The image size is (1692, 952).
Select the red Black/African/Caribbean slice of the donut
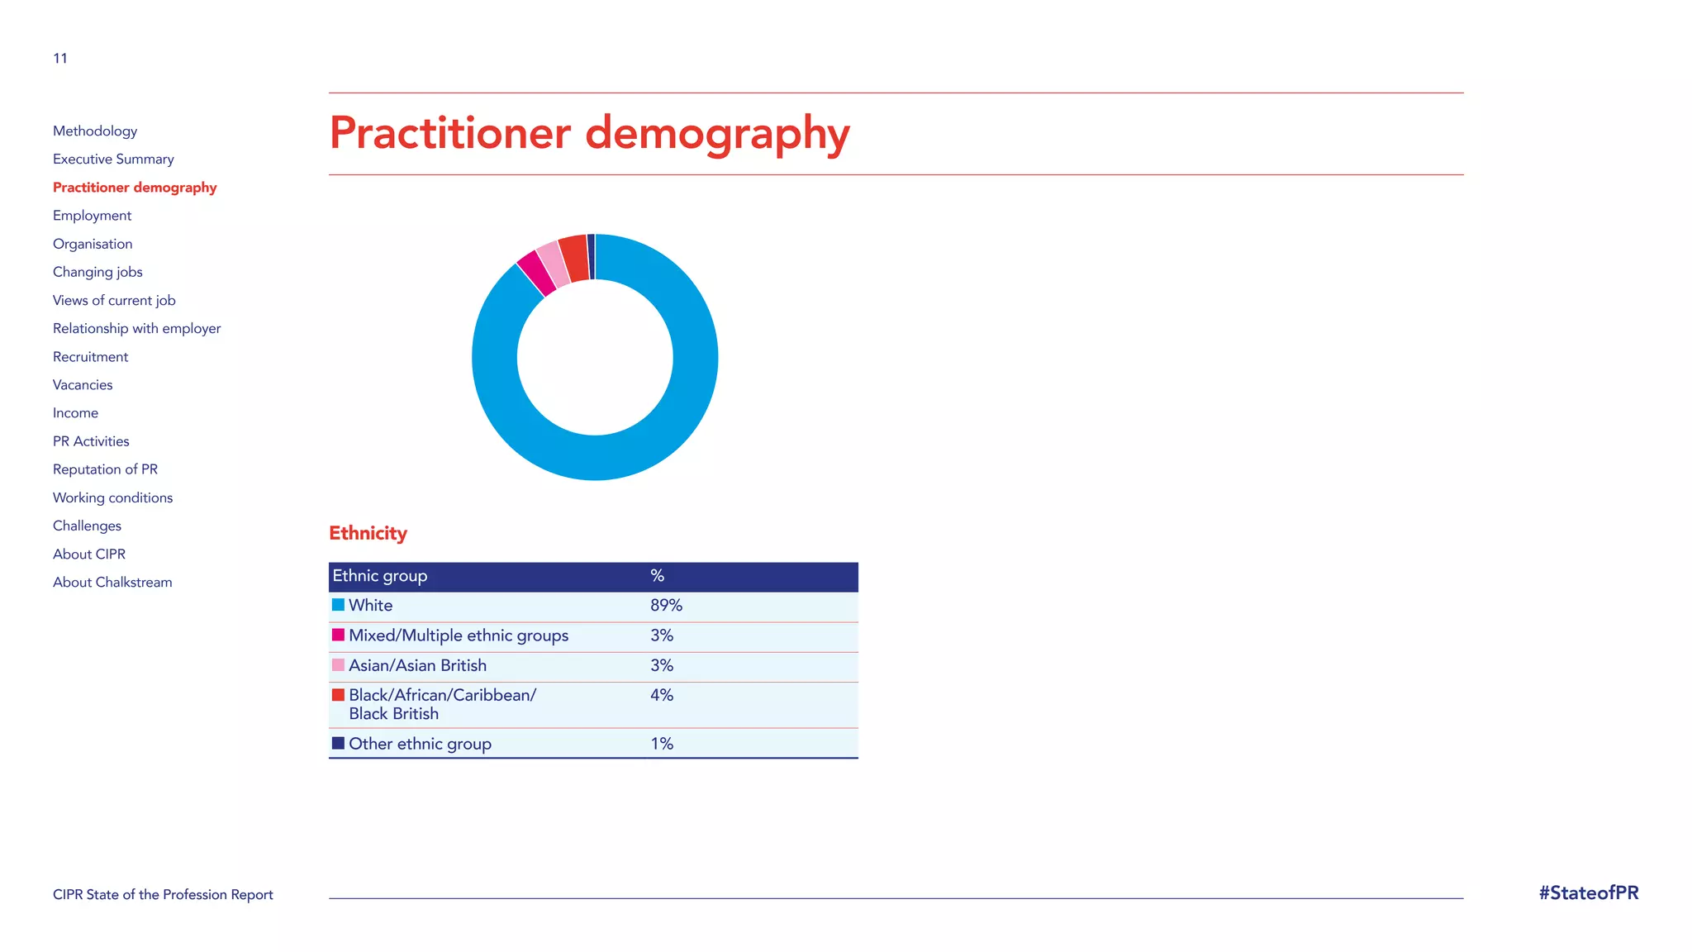574,259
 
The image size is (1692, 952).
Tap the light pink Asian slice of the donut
553,265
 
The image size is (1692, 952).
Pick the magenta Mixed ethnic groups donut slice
536,274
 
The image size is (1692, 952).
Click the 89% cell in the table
666,606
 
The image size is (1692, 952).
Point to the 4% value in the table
661,696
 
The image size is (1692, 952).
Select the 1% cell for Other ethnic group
661,744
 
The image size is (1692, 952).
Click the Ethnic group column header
380,576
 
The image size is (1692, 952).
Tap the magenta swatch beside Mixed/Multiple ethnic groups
338,635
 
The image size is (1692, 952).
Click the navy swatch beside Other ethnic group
338,743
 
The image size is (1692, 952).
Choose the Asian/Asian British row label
417,665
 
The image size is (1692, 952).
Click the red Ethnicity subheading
368,533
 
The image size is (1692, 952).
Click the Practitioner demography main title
589,134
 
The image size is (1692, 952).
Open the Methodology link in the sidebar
95,131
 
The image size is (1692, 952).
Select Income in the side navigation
75,413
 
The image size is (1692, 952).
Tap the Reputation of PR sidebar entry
105,469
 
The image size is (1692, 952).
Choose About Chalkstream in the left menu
112,582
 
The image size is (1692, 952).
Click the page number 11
60,58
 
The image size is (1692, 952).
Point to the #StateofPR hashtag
1588,893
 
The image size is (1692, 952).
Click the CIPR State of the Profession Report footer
163,894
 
